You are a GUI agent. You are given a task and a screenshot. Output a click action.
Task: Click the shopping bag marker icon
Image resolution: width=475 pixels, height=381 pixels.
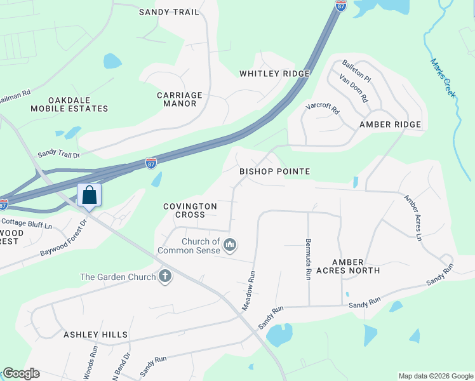90,195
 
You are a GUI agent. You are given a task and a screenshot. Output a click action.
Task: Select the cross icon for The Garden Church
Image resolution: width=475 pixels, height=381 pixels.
165,276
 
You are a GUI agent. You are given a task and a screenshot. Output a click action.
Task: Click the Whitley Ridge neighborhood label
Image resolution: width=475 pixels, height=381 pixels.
274,74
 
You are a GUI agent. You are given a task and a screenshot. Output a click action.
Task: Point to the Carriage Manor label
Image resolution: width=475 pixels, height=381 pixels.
180,99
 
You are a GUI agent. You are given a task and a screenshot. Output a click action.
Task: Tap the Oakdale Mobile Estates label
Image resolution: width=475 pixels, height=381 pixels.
69,104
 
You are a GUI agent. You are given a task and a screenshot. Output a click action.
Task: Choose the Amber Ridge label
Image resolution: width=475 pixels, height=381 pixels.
390,124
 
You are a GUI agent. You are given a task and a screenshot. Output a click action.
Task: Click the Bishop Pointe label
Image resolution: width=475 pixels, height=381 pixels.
274,171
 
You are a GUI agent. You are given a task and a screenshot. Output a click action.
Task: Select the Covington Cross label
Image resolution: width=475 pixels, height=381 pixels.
190,210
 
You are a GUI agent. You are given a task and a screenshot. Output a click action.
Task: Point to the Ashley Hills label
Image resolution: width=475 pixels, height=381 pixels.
95,335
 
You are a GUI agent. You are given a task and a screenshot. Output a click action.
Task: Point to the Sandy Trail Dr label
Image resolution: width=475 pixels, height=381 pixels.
58,154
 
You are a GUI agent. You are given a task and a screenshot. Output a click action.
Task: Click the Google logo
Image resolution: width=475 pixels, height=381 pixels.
21,373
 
